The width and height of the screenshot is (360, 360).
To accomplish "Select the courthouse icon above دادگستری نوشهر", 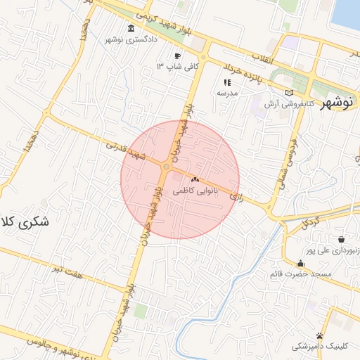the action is point(131,30).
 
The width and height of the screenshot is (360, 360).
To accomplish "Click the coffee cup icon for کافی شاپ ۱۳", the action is point(177,56).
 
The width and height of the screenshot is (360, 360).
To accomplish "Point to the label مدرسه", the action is point(227,93).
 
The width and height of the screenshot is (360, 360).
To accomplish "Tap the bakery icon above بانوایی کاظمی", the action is point(195,180).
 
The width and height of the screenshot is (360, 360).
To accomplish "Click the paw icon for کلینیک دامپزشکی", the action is point(320,335).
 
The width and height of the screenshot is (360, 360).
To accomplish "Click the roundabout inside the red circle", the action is point(166,167).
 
